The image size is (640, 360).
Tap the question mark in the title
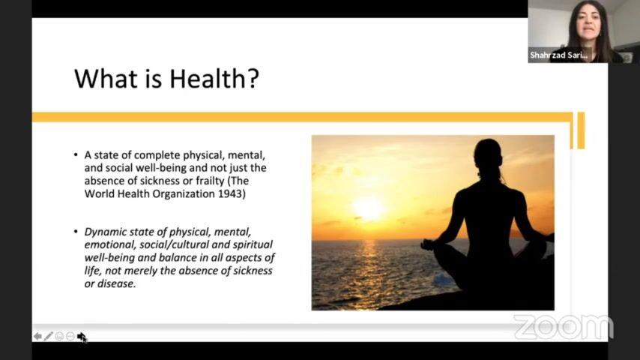click(253, 79)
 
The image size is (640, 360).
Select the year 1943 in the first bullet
click(232, 193)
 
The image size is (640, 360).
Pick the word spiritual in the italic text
click(253, 244)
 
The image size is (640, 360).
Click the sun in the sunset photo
click(369, 208)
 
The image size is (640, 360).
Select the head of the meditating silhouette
click(488, 153)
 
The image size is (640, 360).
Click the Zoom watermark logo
click(564, 327)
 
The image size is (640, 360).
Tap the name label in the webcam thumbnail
click(559, 55)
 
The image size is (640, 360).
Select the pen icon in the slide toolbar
click(48, 336)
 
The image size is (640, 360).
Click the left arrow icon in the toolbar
click(37, 336)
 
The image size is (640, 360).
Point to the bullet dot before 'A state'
click(76, 154)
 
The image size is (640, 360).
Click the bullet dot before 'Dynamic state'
click(76, 232)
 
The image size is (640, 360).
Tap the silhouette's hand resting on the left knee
click(427, 244)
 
